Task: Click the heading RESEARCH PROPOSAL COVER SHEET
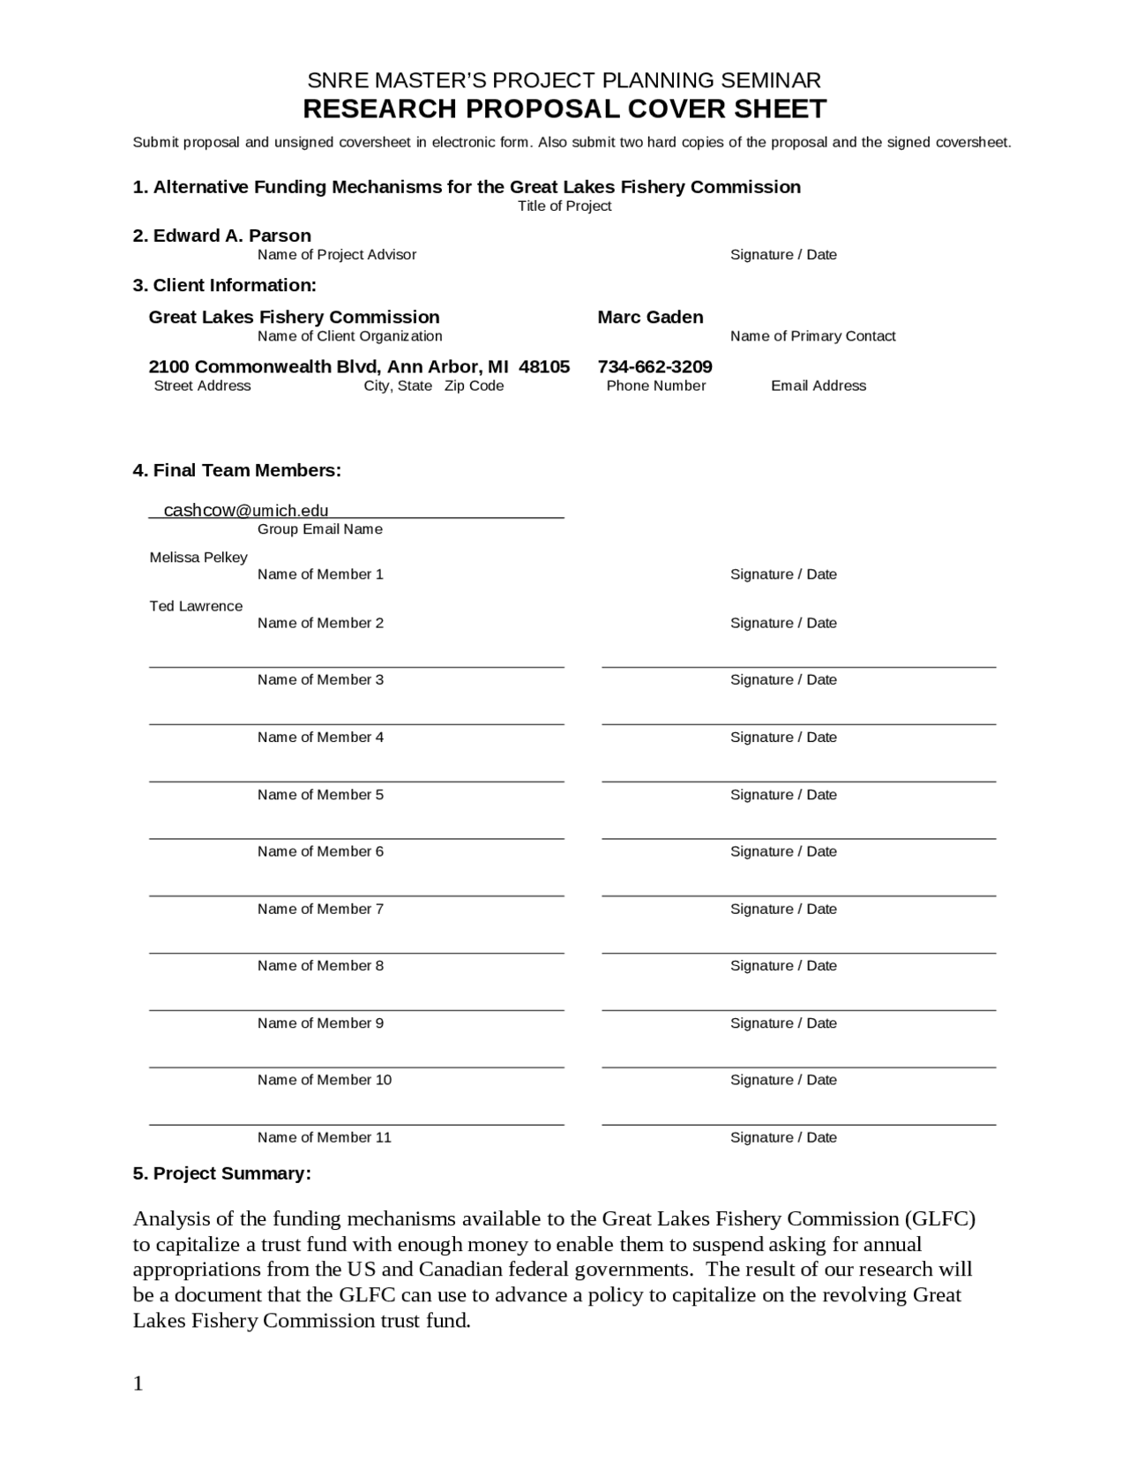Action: point(564,109)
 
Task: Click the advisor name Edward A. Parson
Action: point(232,236)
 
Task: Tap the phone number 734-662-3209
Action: point(654,366)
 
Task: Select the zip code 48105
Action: point(544,366)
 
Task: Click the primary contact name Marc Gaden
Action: point(650,317)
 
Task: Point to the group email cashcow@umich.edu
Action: point(246,510)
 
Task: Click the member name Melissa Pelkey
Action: point(198,558)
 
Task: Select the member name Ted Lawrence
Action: point(196,606)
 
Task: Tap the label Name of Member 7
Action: point(320,909)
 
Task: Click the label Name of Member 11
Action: point(324,1137)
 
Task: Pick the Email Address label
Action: point(819,386)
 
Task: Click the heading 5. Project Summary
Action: point(221,1173)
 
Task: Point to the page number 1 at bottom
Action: point(138,1383)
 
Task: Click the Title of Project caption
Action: point(564,206)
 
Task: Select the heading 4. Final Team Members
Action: point(236,470)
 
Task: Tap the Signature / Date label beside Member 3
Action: point(783,679)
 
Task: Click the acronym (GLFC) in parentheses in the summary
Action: point(940,1219)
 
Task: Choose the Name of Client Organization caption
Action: point(349,336)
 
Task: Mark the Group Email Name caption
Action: point(319,529)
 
